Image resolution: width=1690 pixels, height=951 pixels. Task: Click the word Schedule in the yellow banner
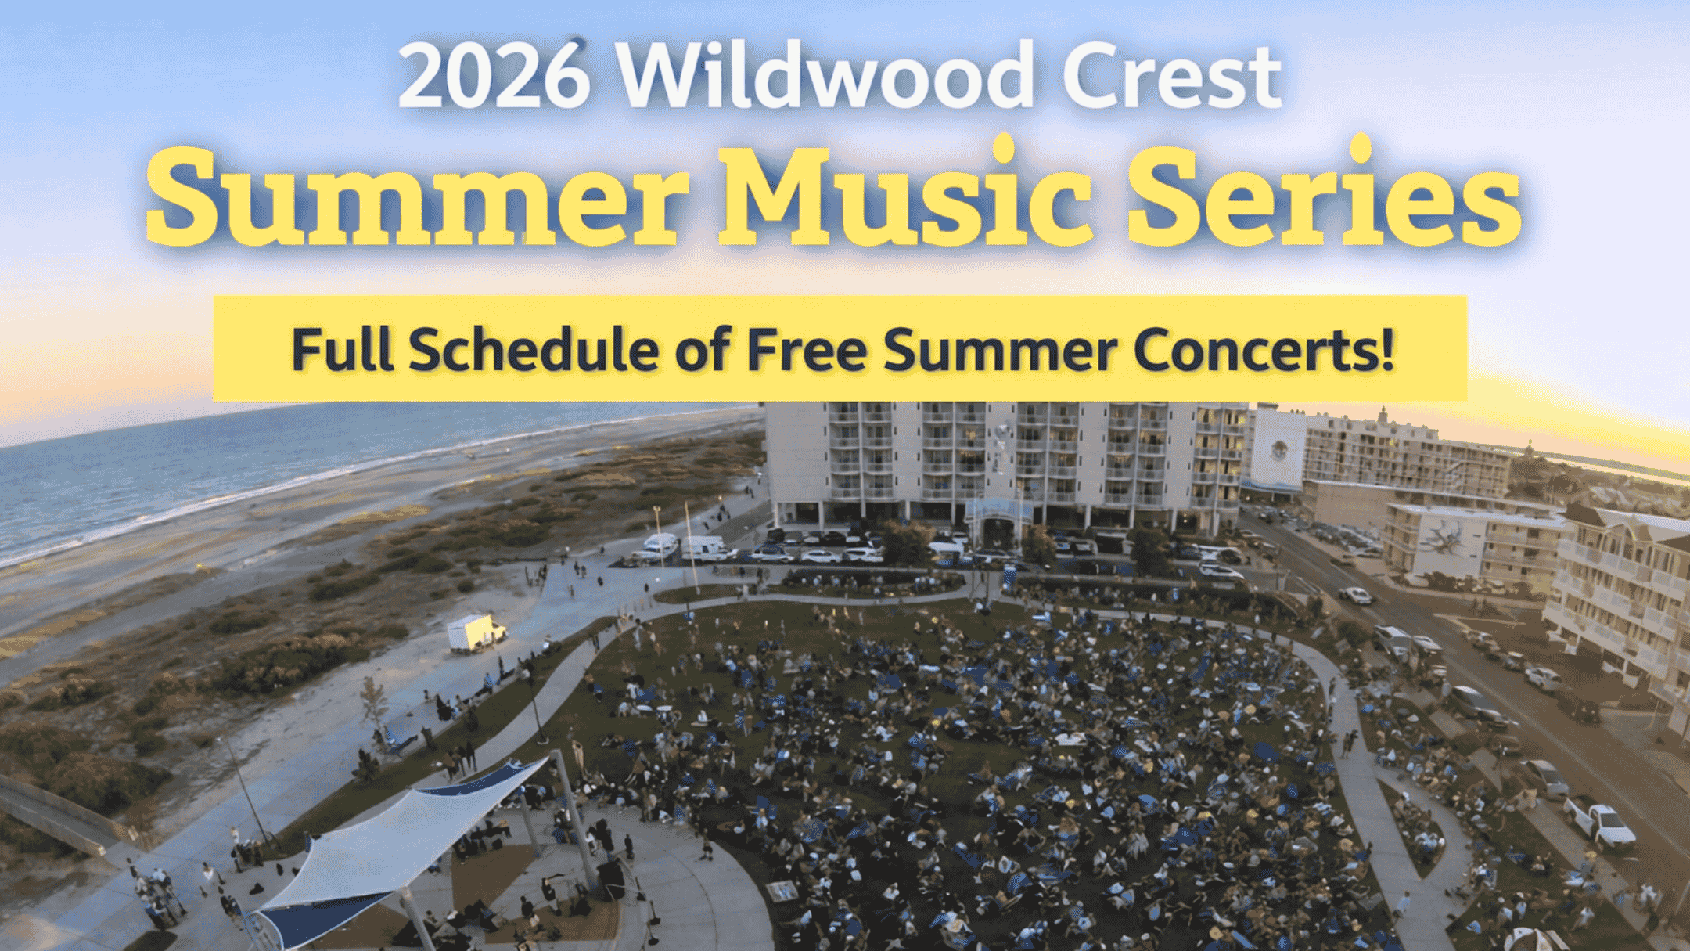533,350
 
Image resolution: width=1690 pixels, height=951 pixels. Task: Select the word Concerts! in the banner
1256,350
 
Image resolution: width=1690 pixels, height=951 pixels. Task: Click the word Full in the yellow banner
341,350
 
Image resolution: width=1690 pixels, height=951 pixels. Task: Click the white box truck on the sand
475,632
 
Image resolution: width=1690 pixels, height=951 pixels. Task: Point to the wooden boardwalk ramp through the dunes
55,814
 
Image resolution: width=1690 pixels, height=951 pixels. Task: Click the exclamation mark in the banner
1388,350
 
